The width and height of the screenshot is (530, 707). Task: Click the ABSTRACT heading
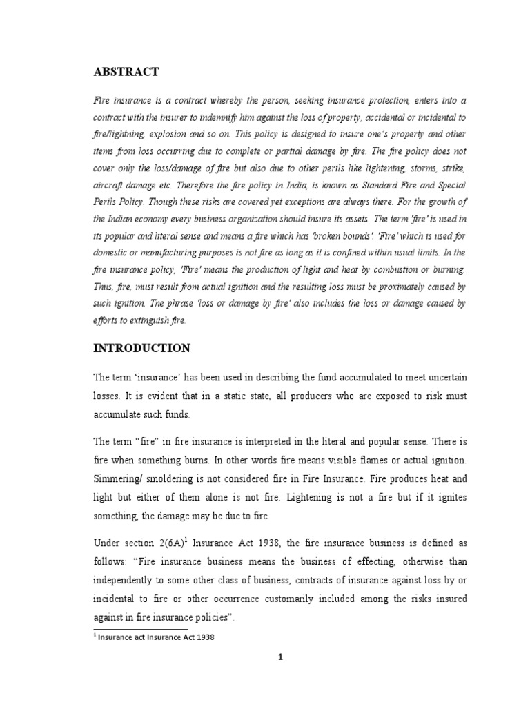126,72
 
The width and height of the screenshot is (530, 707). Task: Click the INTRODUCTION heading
141,348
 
